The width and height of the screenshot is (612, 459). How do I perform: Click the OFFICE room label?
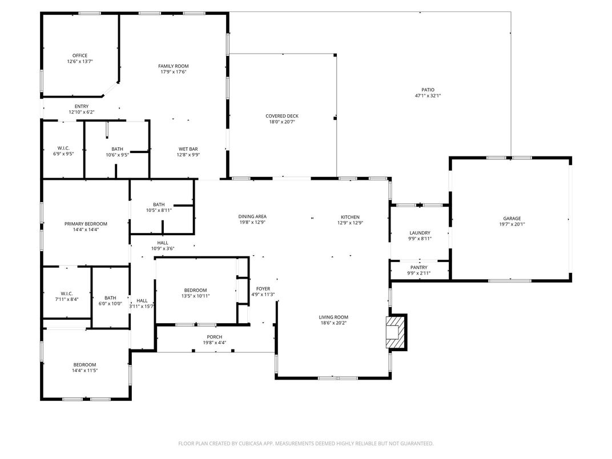point(80,55)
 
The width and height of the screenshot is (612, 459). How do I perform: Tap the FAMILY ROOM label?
point(173,66)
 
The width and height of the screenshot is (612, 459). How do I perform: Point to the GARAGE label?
point(512,218)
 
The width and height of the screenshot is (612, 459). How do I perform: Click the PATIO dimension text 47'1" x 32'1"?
point(428,96)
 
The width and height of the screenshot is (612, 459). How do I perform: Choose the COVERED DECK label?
point(282,116)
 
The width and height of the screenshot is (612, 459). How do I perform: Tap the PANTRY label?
point(418,267)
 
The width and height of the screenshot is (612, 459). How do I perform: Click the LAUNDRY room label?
point(420,233)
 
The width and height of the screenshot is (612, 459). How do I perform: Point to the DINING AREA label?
point(252,216)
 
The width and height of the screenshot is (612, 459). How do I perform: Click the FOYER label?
point(263,289)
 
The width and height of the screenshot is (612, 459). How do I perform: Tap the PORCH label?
point(215,337)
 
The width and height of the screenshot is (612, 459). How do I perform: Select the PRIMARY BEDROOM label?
point(86,224)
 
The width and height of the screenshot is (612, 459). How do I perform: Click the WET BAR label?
point(188,148)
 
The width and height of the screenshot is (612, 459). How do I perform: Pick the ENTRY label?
point(82,106)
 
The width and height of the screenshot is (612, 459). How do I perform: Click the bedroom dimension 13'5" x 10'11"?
point(195,296)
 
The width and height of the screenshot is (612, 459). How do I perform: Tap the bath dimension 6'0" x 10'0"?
point(110,304)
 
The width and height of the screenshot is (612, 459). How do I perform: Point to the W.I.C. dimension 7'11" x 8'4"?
point(66,299)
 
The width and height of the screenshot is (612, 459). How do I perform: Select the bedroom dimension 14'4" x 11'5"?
point(84,371)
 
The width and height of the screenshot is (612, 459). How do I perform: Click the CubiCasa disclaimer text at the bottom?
point(305,443)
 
